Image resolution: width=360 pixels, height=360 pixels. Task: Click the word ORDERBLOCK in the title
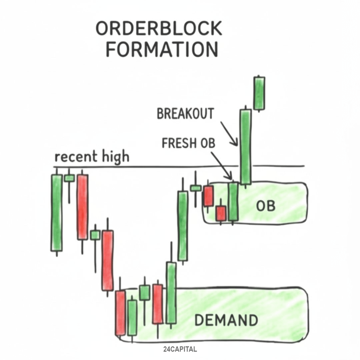click(x=159, y=29)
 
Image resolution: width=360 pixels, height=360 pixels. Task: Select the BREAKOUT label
click(x=185, y=114)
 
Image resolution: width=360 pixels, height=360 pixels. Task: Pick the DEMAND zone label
click(x=226, y=320)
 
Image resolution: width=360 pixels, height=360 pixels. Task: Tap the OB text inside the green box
click(x=265, y=206)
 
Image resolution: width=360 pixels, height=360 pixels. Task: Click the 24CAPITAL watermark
click(x=180, y=350)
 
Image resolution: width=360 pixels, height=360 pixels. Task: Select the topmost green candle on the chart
click(x=259, y=93)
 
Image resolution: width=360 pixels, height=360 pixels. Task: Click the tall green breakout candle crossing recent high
click(x=246, y=147)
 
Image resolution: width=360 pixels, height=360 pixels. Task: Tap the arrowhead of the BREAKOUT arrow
click(x=236, y=144)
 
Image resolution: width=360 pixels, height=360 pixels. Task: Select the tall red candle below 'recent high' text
click(x=82, y=207)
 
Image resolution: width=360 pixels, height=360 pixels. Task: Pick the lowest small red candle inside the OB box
click(x=220, y=213)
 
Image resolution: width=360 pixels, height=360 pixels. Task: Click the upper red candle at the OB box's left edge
click(x=208, y=196)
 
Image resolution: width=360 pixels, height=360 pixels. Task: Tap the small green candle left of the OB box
click(x=196, y=188)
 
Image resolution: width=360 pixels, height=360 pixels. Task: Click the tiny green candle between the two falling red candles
click(x=95, y=235)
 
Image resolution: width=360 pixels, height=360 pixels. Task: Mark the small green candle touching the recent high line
click(x=69, y=178)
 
